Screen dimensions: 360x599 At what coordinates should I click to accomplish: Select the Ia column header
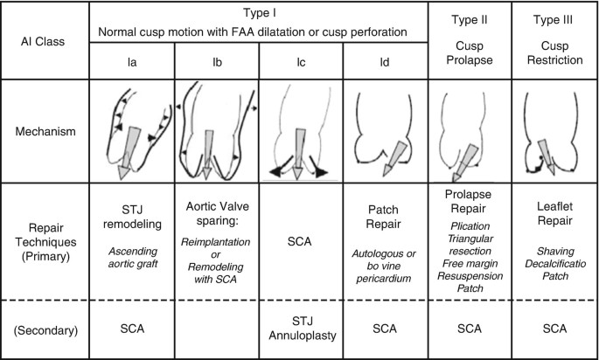[131, 62]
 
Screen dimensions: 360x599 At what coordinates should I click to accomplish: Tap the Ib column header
[217, 62]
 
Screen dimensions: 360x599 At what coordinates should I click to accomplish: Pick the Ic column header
[301, 62]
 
